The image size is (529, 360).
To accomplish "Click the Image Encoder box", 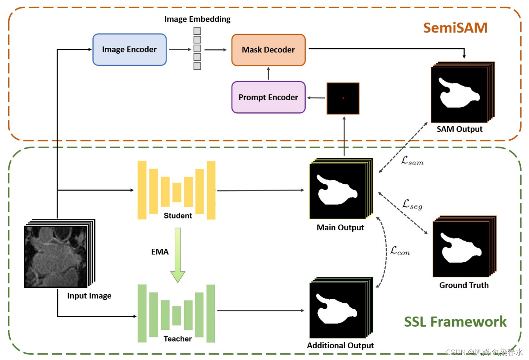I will pos(129,50).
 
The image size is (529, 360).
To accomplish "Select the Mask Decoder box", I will pos(268,50).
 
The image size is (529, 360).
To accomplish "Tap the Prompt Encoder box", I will pos(268,97).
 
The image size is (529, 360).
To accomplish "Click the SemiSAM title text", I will pos(455,28).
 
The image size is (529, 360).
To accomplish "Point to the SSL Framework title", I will pos(455,322).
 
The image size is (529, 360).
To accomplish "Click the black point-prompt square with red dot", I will pos(343,98).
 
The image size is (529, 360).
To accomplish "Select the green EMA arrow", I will pos(178,255).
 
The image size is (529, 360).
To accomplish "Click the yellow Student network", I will pos(176,190).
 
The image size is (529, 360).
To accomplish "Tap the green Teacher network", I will pos(176,313).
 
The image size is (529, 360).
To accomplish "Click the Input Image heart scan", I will pos(56,257).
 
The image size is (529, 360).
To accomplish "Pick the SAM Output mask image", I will pos(460,94).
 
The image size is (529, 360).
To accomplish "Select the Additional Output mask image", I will pos(338,310).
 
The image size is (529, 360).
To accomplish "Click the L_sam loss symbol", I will pos(412,161).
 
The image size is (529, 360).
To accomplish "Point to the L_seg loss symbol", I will pos(412,204).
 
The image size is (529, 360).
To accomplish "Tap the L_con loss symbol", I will pos(400,251).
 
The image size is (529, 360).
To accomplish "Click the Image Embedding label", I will pos(197,19).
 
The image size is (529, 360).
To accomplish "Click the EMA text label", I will pos(160,252).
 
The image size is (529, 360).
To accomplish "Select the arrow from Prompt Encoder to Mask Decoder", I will pos(268,74).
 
